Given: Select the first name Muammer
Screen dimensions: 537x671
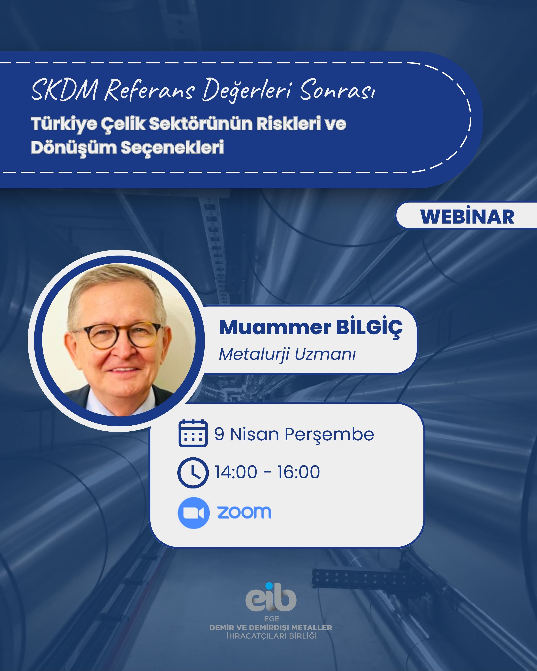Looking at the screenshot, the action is click(x=275, y=327).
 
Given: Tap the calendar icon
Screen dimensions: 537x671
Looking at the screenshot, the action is click(x=193, y=433).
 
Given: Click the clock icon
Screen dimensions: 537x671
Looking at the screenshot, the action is click(x=193, y=472).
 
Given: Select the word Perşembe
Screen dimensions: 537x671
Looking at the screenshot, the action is click(x=329, y=435).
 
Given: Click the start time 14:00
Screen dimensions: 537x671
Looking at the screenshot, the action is click(x=236, y=472).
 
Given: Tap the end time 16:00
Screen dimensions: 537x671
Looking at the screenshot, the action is click(x=299, y=472).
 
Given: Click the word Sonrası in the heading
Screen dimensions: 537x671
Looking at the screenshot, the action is click(x=337, y=90).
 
